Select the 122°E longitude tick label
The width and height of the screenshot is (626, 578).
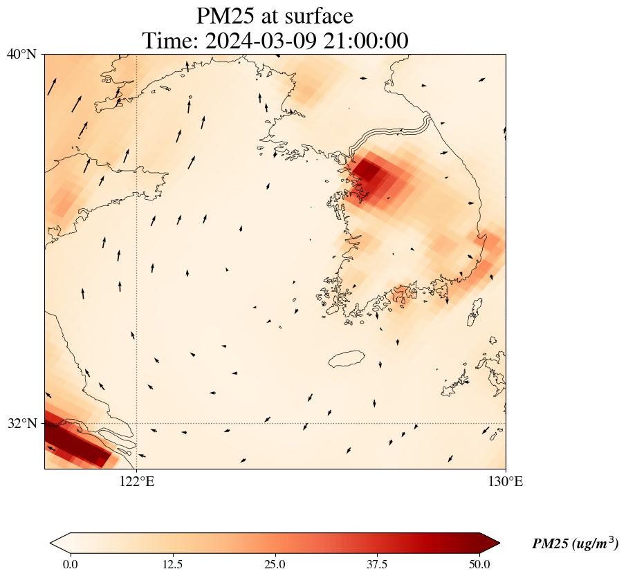(136, 482)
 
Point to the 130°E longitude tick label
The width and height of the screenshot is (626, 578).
(506, 482)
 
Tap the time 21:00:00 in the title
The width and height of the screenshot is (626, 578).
(365, 41)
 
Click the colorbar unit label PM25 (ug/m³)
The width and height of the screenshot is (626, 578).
(575, 544)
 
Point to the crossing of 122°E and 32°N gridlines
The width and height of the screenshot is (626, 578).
(136, 423)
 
